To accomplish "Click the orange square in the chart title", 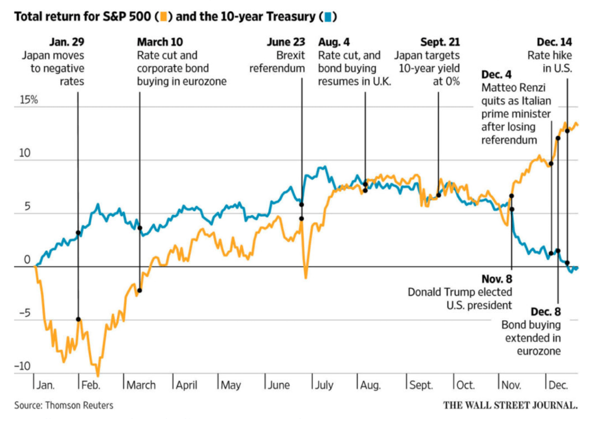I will (x=164, y=17).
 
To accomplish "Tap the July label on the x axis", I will (x=323, y=386).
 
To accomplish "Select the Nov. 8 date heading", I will (x=497, y=280).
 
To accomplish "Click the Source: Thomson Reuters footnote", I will (x=64, y=406).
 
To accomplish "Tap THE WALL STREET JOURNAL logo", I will (x=510, y=405).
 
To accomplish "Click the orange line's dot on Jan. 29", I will (x=78, y=319).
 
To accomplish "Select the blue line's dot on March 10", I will (x=139, y=228).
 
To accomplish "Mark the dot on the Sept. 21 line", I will (x=438, y=195).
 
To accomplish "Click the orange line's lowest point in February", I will (x=98, y=375).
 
